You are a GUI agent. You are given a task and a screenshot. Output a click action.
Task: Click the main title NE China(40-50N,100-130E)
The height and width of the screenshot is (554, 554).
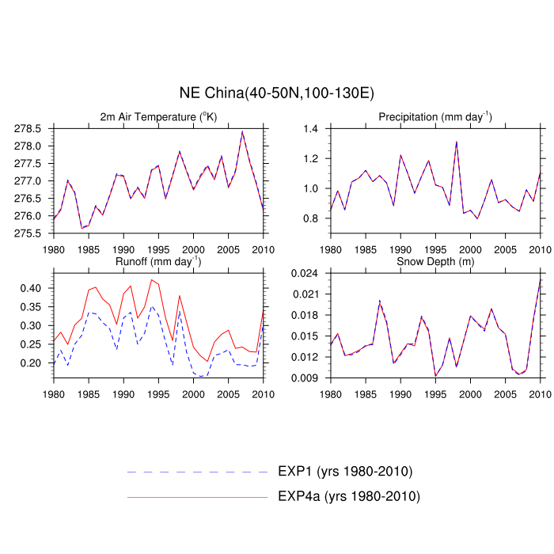277,93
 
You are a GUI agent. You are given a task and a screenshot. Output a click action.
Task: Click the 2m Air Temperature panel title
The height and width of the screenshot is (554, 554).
158,117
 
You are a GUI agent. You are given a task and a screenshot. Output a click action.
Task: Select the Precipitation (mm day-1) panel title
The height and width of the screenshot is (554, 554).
434,117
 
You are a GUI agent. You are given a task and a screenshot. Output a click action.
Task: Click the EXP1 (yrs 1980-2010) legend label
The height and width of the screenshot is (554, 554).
345,472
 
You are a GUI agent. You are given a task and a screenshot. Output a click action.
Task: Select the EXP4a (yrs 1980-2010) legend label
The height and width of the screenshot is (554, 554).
348,496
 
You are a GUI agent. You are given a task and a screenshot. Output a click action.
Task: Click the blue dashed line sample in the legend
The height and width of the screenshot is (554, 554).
198,472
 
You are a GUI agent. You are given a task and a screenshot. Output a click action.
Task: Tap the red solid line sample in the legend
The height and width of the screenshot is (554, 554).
198,497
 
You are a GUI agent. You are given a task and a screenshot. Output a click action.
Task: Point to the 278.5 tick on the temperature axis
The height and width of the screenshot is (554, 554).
32,129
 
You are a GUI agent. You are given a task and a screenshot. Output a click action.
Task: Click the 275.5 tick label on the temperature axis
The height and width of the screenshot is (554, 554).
32,233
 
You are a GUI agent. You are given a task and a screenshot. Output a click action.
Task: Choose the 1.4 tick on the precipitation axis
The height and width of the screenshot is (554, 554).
310,129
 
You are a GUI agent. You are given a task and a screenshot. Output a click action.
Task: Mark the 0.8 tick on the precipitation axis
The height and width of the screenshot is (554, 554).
310,218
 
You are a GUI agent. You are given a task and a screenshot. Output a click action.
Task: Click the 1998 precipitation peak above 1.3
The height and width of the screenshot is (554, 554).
457,142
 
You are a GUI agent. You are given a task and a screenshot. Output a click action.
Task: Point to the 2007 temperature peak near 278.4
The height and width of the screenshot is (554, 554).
242,132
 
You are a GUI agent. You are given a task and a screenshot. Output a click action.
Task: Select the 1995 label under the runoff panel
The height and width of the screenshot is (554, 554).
158,393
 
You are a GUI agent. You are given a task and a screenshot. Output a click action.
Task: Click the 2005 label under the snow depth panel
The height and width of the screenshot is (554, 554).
505,393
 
